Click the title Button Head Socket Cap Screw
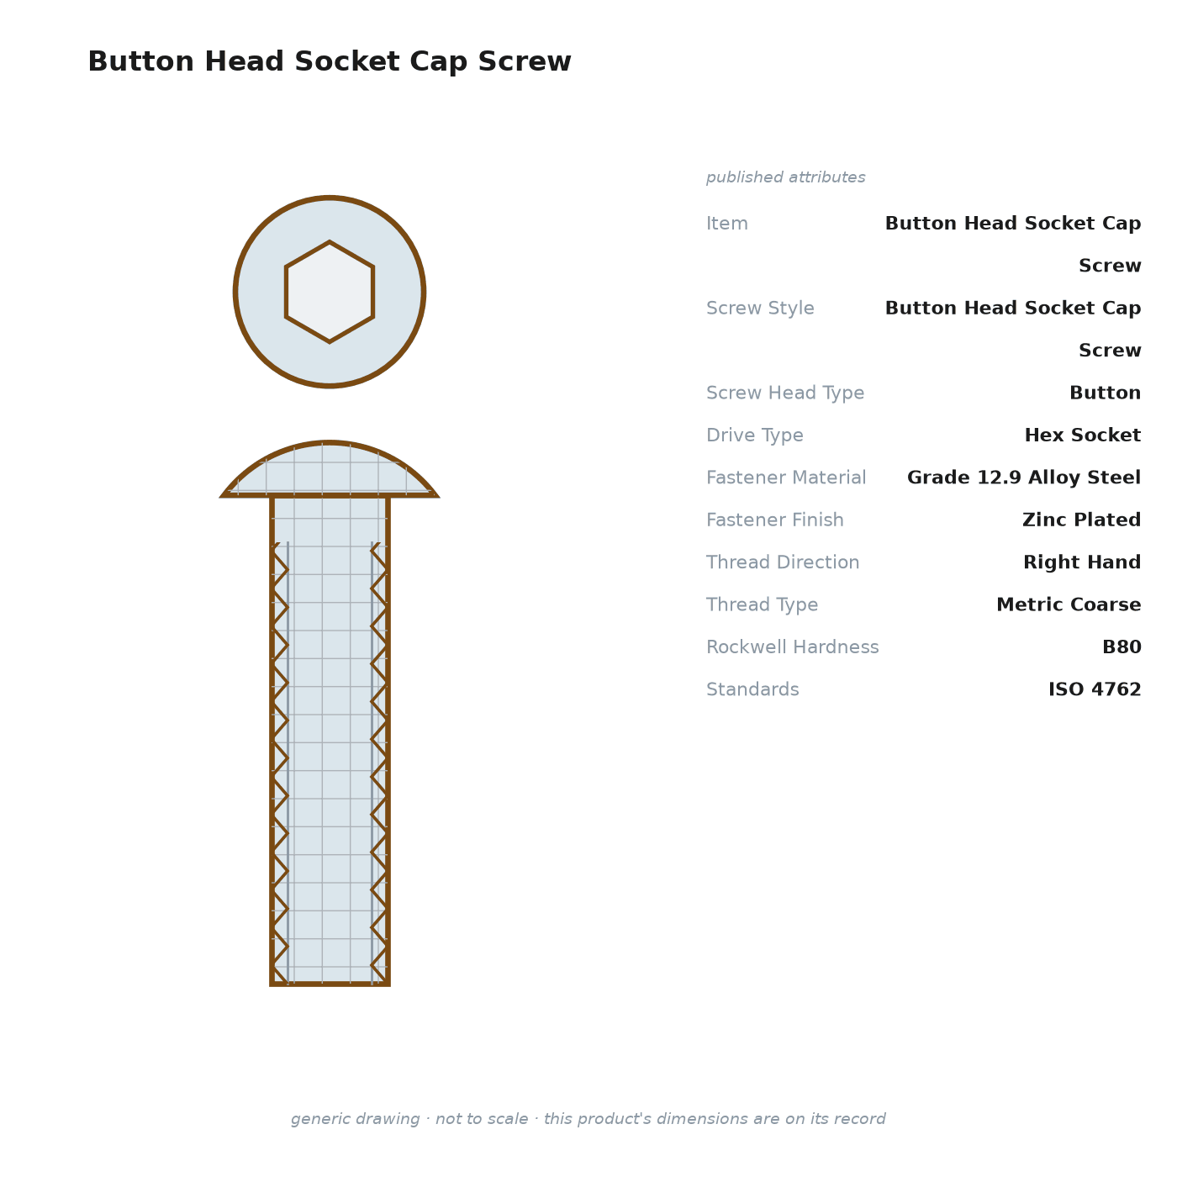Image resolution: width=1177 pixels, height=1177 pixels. [x=330, y=61]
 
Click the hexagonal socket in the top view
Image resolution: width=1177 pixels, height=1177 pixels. [x=330, y=292]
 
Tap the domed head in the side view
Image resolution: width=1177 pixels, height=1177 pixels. [x=330, y=469]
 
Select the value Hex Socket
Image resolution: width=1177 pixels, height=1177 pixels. [x=1082, y=435]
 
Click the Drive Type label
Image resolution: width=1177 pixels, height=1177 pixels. [x=754, y=435]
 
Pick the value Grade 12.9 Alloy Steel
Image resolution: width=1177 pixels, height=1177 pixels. [x=1024, y=477]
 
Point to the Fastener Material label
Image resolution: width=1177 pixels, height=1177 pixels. [x=785, y=477]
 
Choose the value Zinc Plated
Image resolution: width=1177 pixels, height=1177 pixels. [x=1081, y=520]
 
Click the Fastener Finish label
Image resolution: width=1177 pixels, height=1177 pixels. [x=774, y=520]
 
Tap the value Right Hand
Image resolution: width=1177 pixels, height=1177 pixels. [x=1082, y=562]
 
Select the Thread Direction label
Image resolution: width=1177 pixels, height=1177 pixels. [x=783, y=562]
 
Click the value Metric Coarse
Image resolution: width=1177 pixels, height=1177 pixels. [x=1069, y=604]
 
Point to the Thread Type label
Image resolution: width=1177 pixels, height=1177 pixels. [x=762, y=604]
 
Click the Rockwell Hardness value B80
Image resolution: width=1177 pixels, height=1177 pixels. [x=1122, y=647]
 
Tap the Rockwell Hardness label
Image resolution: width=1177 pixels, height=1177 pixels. [x=792, y=647]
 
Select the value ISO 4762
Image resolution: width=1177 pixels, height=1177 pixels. [x=1095, y=689]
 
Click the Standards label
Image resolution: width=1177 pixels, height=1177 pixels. [x=752, y=689]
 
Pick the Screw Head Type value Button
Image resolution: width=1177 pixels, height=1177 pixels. [x=1105, y=392]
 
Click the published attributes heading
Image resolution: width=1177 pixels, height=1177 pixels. [x=785, y=177]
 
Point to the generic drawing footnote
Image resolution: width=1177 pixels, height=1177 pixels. [x=588, y=1118]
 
